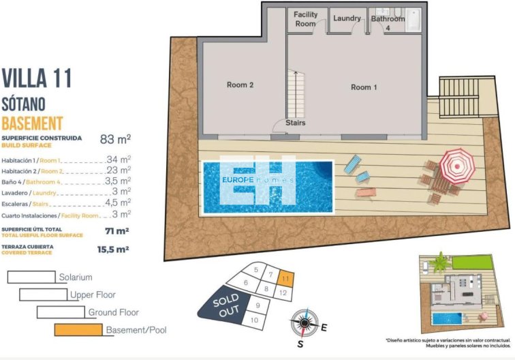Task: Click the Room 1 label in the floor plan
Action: point(361,87)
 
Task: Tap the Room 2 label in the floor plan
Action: point(240,85)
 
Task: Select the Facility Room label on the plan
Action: point(305,19)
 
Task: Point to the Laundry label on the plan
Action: point(347,18)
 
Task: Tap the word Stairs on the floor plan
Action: point(296,123)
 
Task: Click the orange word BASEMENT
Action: point(32,123)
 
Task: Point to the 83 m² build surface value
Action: point(115,140)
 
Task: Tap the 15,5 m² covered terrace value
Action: point(114,250)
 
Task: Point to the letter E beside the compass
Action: point(324,328)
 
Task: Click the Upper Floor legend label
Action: point(93,295)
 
